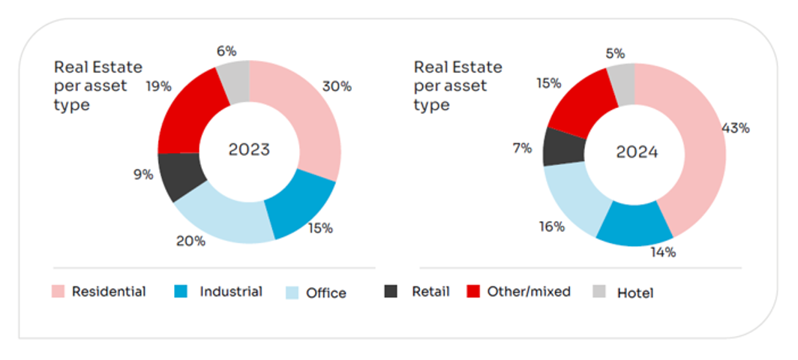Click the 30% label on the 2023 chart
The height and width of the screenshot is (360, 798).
click(x=336, y=86)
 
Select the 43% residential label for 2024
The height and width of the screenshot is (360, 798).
click(x=735, y=128)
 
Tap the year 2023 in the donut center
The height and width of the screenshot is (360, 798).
click(x=249, y=149)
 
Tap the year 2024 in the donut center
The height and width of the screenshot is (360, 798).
click(x=636, y=152)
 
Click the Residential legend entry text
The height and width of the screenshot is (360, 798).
click(x=109, y=292)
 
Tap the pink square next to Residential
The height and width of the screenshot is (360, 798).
click(x=58, y=291)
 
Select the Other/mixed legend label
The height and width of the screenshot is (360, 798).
click(x=529, y=292)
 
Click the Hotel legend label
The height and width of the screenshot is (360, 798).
click(x=634, y=293)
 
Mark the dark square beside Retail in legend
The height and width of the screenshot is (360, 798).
click(x=391, y=291)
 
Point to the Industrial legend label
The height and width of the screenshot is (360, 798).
click(x=231, y=292)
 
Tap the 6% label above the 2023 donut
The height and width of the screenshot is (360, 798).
click(x=226, y=51)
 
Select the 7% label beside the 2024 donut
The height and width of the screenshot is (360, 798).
click(x=522, y=148)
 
